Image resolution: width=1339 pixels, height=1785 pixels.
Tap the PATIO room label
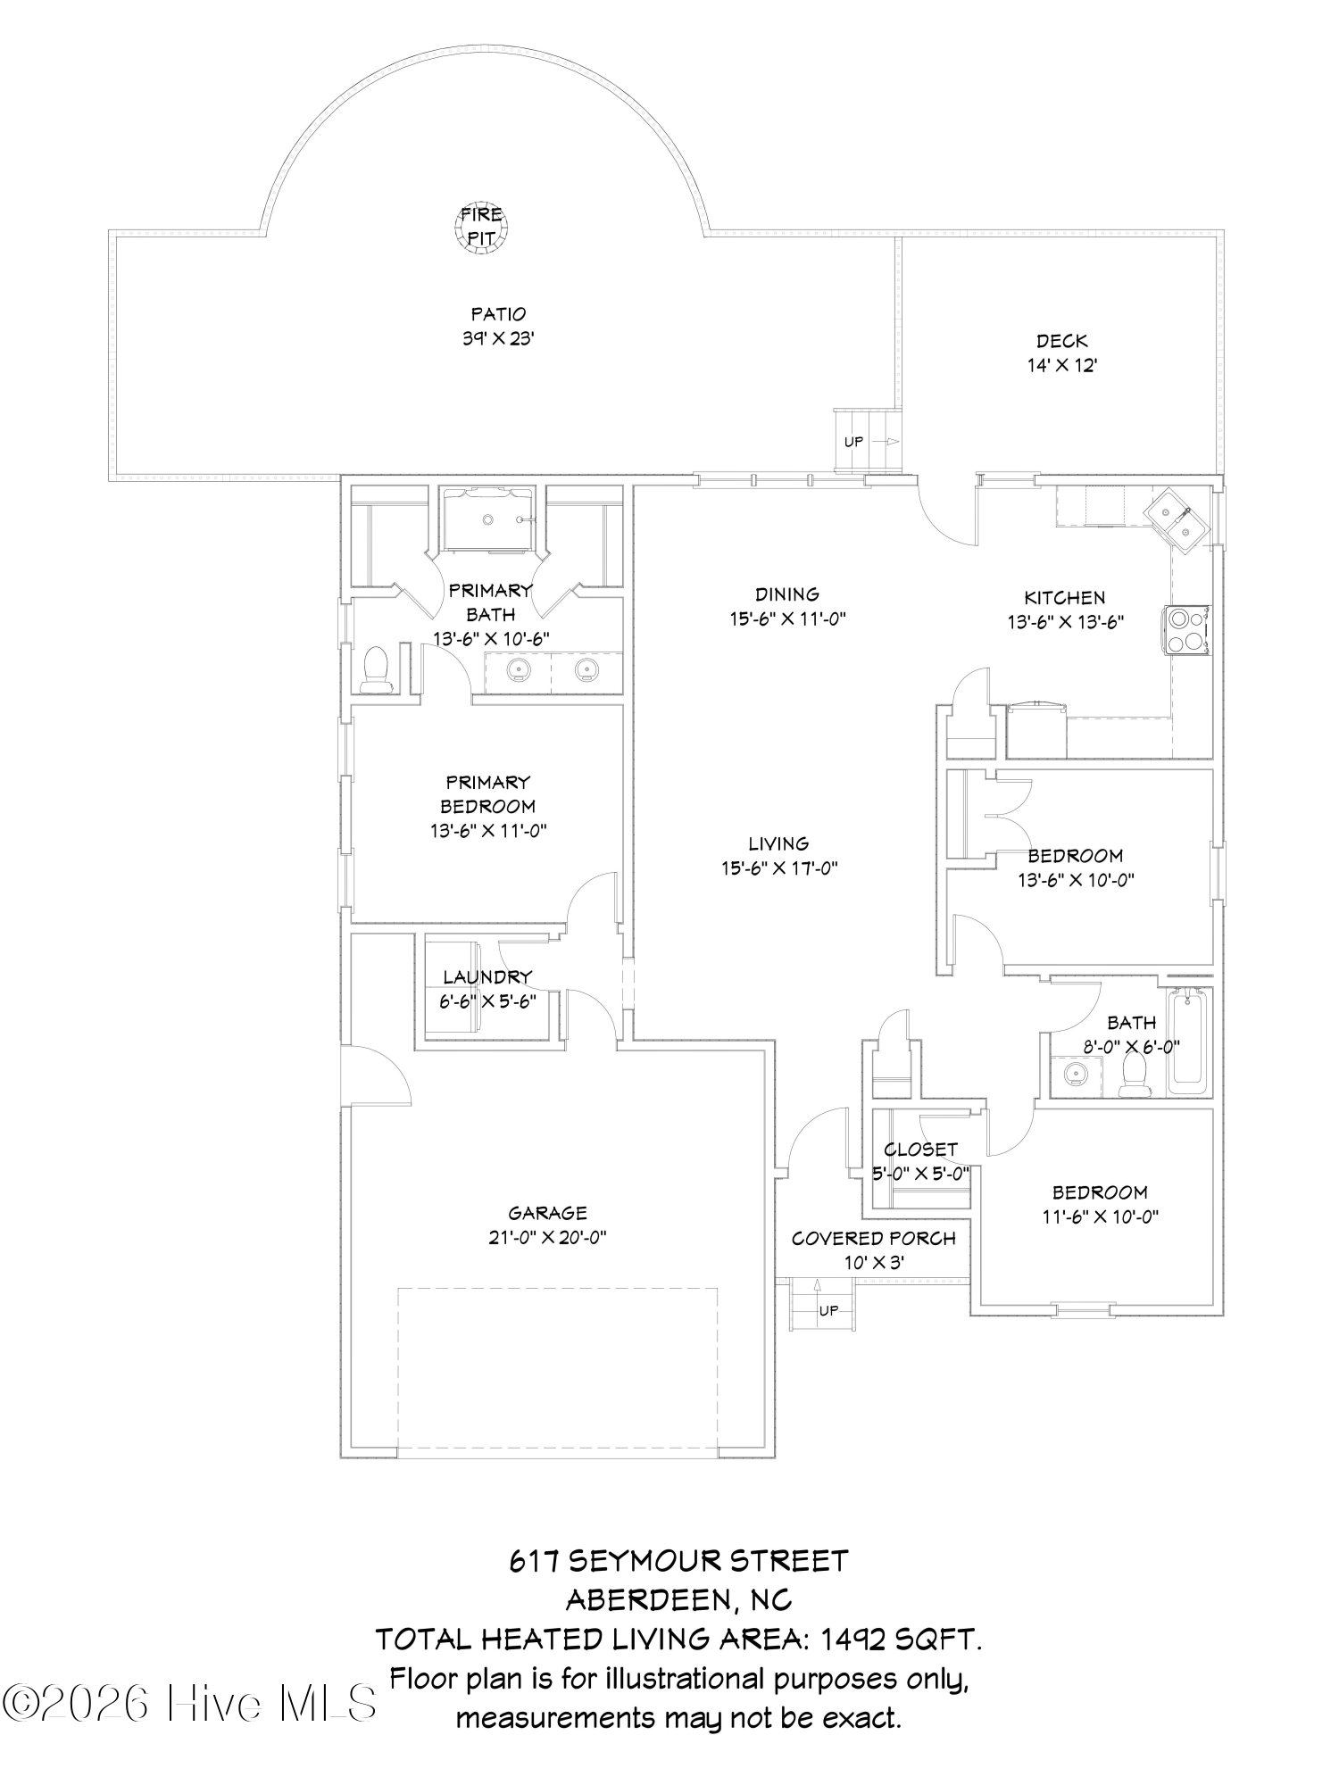(x=498, y=314)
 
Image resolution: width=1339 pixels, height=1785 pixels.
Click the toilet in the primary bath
(x=377, y=669)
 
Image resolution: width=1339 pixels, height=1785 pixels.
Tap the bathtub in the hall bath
(x=1187, y=1042)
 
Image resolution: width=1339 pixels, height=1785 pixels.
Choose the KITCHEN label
(x=1064, y=598)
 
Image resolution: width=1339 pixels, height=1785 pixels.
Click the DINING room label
(x=786, y=594)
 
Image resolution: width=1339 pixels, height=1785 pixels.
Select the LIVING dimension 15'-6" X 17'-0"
(x=779, y=868)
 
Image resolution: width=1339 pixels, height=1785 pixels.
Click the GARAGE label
(x=547, y=1213)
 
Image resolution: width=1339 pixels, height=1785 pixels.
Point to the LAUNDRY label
(x=487, y=977)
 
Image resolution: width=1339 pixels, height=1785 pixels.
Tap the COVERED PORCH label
(x=873, y=1239)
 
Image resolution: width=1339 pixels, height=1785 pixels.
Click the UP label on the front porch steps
(x=829, y=1311)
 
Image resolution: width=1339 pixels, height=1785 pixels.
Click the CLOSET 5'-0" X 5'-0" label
(x=921, y=1161)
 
